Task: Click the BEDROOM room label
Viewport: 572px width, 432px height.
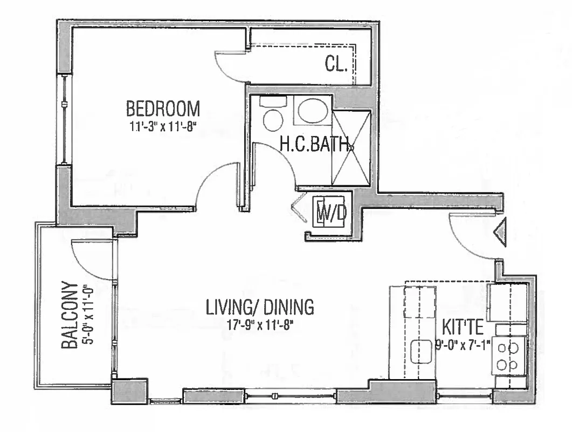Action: [163, 109]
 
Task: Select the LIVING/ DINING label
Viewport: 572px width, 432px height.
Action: [260, 307]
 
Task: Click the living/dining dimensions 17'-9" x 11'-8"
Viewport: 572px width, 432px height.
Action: [260, 326]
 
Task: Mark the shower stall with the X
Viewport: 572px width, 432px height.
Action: [351, 148]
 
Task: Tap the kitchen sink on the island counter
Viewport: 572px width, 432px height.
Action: [420, 352]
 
